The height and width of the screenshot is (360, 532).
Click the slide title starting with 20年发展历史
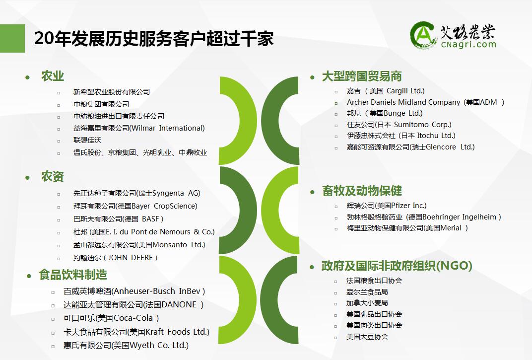point(154,38)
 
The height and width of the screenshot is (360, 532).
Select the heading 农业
point(53,76)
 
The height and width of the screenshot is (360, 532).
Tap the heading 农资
point(53,177)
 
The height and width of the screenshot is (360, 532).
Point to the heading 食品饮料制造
point(73,275)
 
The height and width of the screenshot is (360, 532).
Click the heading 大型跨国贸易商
point(362,76)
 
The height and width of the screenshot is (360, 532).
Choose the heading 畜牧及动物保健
point(362,191)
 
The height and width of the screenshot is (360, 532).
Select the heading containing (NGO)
point(397,266)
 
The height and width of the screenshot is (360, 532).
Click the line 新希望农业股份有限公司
point(112,92)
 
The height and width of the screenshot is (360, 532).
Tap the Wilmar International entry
point(139,129)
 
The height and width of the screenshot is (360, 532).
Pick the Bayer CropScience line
point(135,206)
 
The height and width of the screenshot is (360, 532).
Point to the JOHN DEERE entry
point(115,258)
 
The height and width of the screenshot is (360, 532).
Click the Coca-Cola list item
point(111,318)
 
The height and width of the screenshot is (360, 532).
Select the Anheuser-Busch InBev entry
point(134,291)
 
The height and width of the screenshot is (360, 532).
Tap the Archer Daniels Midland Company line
point(425,102)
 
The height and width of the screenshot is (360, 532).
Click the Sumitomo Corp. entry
point(399,125)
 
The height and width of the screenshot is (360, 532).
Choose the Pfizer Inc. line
point(387,206)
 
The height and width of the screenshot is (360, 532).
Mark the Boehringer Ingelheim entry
point(424,217)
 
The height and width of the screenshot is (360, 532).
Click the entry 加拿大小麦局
point(367,303)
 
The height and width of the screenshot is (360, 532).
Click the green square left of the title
point(12,38)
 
